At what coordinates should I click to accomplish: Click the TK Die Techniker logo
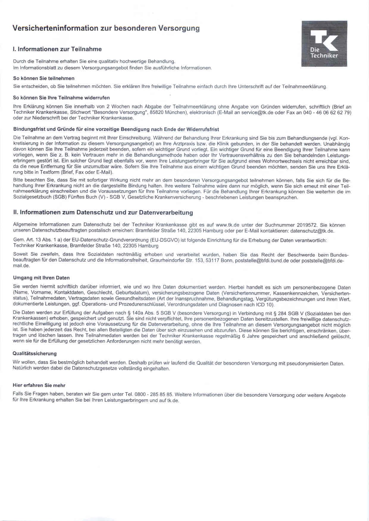click(x=324, y=43)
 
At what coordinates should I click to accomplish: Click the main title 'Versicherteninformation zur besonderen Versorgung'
click(x=106, y=29)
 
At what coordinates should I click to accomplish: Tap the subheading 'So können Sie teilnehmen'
click(x=44, y=78)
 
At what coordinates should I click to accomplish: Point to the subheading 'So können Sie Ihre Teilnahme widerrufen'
click(x=62, y=97)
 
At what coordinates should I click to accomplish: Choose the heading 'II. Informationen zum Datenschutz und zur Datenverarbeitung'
click(x=103, y=213)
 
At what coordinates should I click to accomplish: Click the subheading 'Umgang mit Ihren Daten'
click(x=41, y=278)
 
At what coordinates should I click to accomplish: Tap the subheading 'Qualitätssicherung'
click(x=35, y=353)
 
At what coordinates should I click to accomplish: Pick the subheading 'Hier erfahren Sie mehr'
click(x=39, y=385)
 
